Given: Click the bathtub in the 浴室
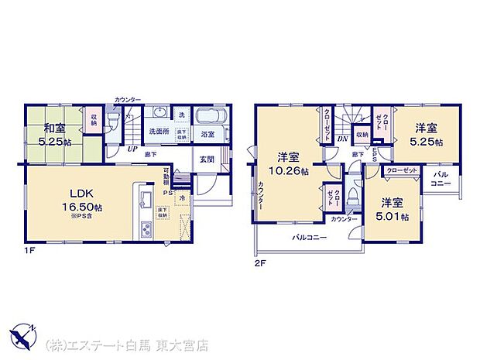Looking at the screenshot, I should point(208,118).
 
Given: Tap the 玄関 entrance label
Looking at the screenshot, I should point(207,159).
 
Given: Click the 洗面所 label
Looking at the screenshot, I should point(159,132).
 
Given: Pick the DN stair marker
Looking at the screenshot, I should point(342,139).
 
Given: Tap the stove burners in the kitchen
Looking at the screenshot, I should point(146,228).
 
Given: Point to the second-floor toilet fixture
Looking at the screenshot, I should point(352,194).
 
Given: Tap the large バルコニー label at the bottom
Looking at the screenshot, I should point(309,238).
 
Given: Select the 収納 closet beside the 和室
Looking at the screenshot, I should point(94,119).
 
